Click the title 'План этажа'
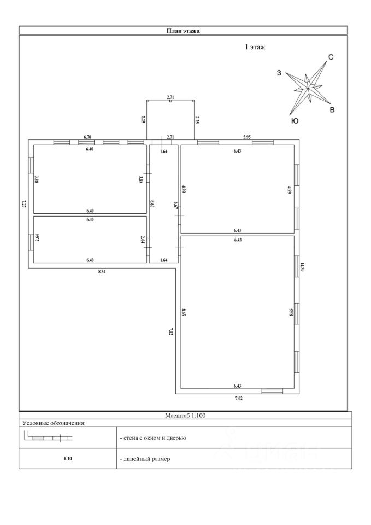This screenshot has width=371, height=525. click(183, 31)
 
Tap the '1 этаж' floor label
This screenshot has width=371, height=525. click(255, 48)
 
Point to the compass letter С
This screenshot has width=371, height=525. click(331, 57)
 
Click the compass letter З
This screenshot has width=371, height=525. click(279, 73)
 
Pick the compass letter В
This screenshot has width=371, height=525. click(332, 110)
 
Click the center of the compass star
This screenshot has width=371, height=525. click(309, 86)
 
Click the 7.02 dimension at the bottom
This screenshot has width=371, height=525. click(239, 399)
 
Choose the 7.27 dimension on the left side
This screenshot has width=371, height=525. click(23, 205)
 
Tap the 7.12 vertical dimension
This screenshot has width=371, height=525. click(171, 331)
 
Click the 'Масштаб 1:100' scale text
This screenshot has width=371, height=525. click(185, 416)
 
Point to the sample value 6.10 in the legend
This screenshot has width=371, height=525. click(68, 459)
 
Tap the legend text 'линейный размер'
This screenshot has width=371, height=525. click(145, 459)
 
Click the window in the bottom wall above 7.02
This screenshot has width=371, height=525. click(272, 390)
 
